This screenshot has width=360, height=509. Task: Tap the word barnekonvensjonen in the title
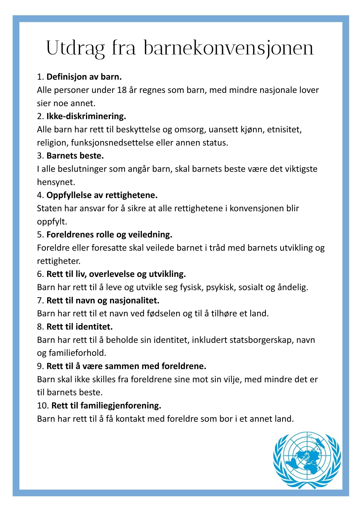click(x=228, y=48)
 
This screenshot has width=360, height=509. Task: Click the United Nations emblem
click(x=307, y=460)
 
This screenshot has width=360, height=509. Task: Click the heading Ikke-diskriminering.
click(x=86, y=116)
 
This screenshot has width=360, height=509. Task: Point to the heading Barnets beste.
click(x=75, y=156)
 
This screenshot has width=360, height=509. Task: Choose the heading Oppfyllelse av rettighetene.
click(x=102, y=195)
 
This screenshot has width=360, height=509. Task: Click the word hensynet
click(x=56, y=182)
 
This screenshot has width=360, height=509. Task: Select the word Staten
click(x=49, y=208)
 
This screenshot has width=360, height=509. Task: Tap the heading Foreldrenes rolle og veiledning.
click(x=109, y=234)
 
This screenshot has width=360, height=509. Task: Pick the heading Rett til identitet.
click(x=79, y=327)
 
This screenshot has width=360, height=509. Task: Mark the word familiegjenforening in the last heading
click(x=121, y=406)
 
